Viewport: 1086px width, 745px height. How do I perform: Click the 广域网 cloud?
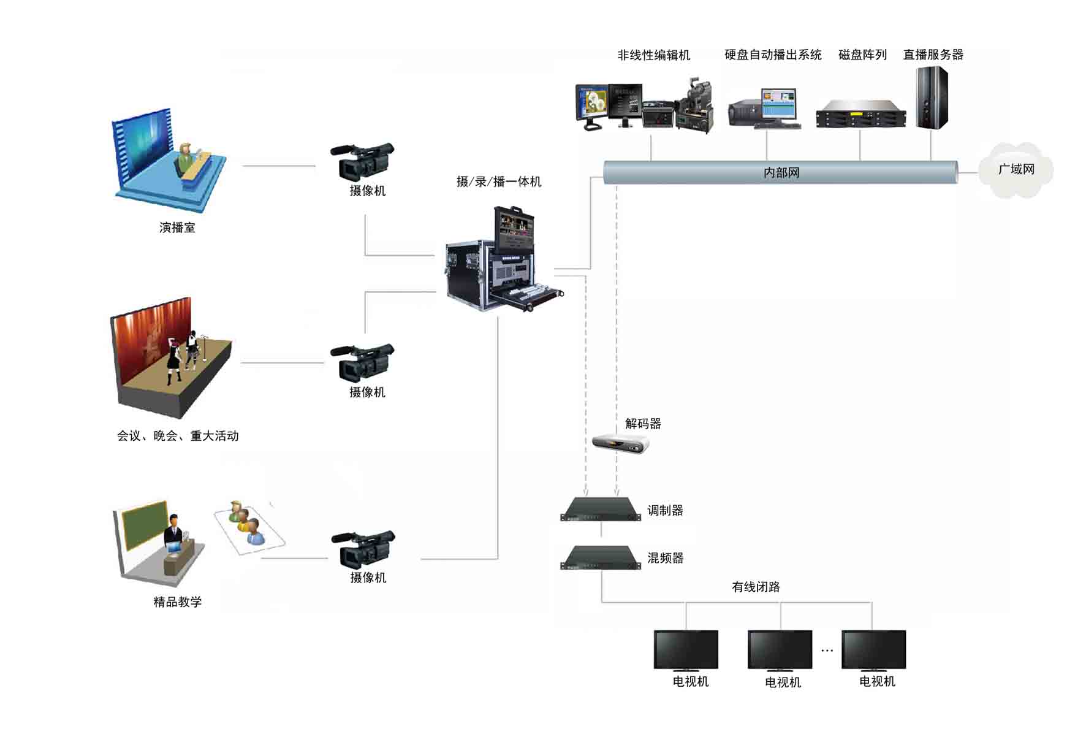pyautogui.click(x=1016, y=170)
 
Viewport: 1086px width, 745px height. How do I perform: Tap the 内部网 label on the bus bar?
pyautogui.click(x=781, y=173)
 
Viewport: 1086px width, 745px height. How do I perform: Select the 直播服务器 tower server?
pyautogui.click(x=932, y=98)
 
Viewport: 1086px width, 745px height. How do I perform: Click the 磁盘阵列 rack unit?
pyautogui.click(x=860, y=114)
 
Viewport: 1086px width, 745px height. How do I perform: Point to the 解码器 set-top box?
pyautogui.click(x=620, y=443)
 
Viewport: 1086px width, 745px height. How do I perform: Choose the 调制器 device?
pyautogui.click(x=601, y=510)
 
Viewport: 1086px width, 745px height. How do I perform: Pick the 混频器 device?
pyautogui.click(x=601, y=558)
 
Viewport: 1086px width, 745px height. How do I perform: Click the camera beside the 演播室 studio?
pyautogui.click(x=363, y=161)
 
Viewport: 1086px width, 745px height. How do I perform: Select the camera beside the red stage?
pyautogui.click(x=363, y=362)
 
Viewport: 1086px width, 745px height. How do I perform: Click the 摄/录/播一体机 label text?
pyautogui.click(x=499, y=181)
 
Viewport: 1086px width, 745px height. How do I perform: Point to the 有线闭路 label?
pyautogui.click(x=756, y=587)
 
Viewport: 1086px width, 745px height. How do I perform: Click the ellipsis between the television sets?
pyautogui.click(x=827, y=651)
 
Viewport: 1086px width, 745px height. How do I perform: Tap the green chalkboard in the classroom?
pyautogui.click(x=145, y=525)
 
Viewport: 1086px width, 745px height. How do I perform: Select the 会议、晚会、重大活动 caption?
pyautogui.click(x=178, y=436)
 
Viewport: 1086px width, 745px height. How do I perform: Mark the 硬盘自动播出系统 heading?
pyautogui.click(x=773, y=55)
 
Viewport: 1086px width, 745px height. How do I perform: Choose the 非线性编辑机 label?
pyautogui.click(x=653, y=55)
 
